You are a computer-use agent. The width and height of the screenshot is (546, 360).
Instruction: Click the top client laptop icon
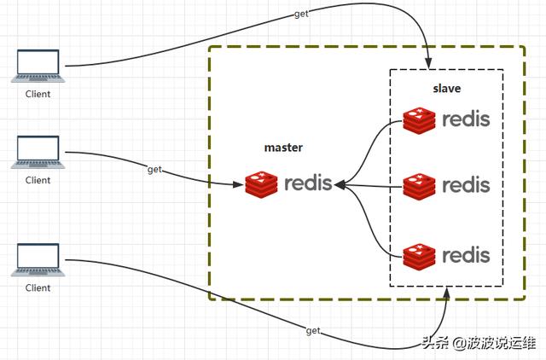pyautogui.click(x=38, y=66)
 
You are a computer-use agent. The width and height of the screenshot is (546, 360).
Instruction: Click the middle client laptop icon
pyautogui.click(x=38, y=152)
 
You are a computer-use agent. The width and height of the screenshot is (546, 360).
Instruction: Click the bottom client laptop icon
pyautogui.click(x=38, y=259)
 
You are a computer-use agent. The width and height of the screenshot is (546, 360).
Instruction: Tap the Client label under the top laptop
pyautogui.click(x=38, y=94)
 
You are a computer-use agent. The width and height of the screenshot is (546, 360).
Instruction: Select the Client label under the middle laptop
pyautogui.click(x=38, y=180)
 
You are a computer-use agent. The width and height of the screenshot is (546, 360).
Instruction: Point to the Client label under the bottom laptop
pyautogui.click(x=38, y=287)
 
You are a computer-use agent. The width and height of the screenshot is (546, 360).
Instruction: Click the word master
pyautogui.click(x=284, y=148)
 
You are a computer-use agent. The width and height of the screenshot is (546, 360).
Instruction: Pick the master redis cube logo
pyautogui.click(x=262, y=183)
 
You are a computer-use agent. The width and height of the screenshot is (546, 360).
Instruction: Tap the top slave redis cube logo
pyautogui.click(x=420, y=121)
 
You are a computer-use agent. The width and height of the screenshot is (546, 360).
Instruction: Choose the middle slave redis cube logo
pyautogui.click(x=420, y=185)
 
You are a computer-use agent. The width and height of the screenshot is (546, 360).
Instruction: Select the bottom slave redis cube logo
pyautogui.click(x=420, y=254)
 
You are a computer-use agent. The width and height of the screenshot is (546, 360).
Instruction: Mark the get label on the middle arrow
pyautogui.click(x=154, y=170)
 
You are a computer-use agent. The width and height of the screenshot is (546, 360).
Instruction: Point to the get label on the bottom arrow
pyautogui.click(x=313, y=330)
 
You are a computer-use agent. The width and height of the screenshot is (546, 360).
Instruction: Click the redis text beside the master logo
pyautogui.click(x=308, y=183)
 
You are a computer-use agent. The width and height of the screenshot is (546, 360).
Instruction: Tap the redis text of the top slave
pyautogui.click(x=466, y=119)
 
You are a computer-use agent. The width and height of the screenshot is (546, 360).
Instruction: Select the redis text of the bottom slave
pyautogui.click(x=466, y=253)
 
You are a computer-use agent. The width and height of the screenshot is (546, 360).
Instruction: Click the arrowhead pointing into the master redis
pyautogui.click(x=339, y=183)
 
